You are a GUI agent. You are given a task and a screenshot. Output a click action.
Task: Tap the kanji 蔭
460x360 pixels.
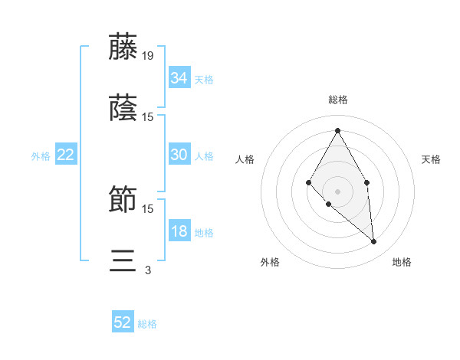pyautogui.click(x=123, y=108)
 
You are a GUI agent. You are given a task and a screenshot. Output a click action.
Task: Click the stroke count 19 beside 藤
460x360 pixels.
pyautogui.click(x=148, y=56)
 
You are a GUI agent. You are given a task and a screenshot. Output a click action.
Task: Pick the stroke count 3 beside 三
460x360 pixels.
pyautogui.click(x=148, y=270)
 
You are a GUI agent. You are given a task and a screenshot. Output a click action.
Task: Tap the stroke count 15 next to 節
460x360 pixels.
pyautogui.click(x=148, y=208)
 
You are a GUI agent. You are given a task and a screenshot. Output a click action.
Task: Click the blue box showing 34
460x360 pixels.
pyautogui.click(x=179, y=78)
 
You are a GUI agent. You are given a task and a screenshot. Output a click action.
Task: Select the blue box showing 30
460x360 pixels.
pyautogui.click(x=179, y=155)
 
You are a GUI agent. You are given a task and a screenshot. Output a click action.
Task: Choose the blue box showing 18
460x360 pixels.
pyautogui.click(x=179, y=231)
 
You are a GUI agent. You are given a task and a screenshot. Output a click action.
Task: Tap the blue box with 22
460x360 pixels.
pyautogui.click(x=65, y=155)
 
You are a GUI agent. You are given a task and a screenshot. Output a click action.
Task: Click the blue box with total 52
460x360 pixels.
pyautogui.click(x=123, y=322)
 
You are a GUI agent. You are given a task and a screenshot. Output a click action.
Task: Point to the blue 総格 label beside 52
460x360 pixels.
pyautogui.click(x=147, y=324)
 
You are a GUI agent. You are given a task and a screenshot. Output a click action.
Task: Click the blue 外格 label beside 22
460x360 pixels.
pyautogui.click(x=41, y=156)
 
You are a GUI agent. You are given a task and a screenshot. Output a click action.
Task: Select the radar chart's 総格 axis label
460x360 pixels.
pyautogui.click(x=337, y=100)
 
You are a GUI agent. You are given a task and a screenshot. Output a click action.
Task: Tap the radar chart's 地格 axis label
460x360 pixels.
pyautogui.click(x=402, y=263)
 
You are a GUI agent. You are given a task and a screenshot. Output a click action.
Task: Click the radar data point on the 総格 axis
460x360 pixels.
pyautogui.click(x=337, y=130)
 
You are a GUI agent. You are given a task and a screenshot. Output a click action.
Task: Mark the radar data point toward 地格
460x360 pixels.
pyautogui.click(x=373, y=241)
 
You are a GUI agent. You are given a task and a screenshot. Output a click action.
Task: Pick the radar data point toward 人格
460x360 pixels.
pyautogui.click(x=309, y=182)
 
